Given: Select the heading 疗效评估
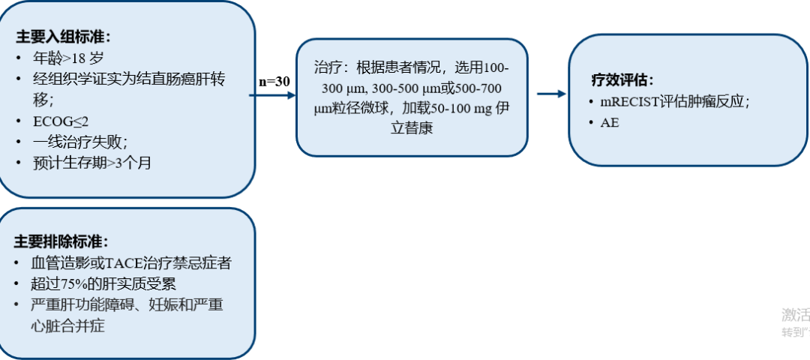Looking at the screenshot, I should (622, 79).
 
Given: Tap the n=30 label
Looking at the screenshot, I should (274, 82).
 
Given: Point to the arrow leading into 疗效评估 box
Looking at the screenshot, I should (551, 94).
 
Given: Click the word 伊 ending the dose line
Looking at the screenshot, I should (502, 109).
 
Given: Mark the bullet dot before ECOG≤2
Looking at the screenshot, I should (18, 120).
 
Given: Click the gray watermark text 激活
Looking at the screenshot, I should (795, 315).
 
